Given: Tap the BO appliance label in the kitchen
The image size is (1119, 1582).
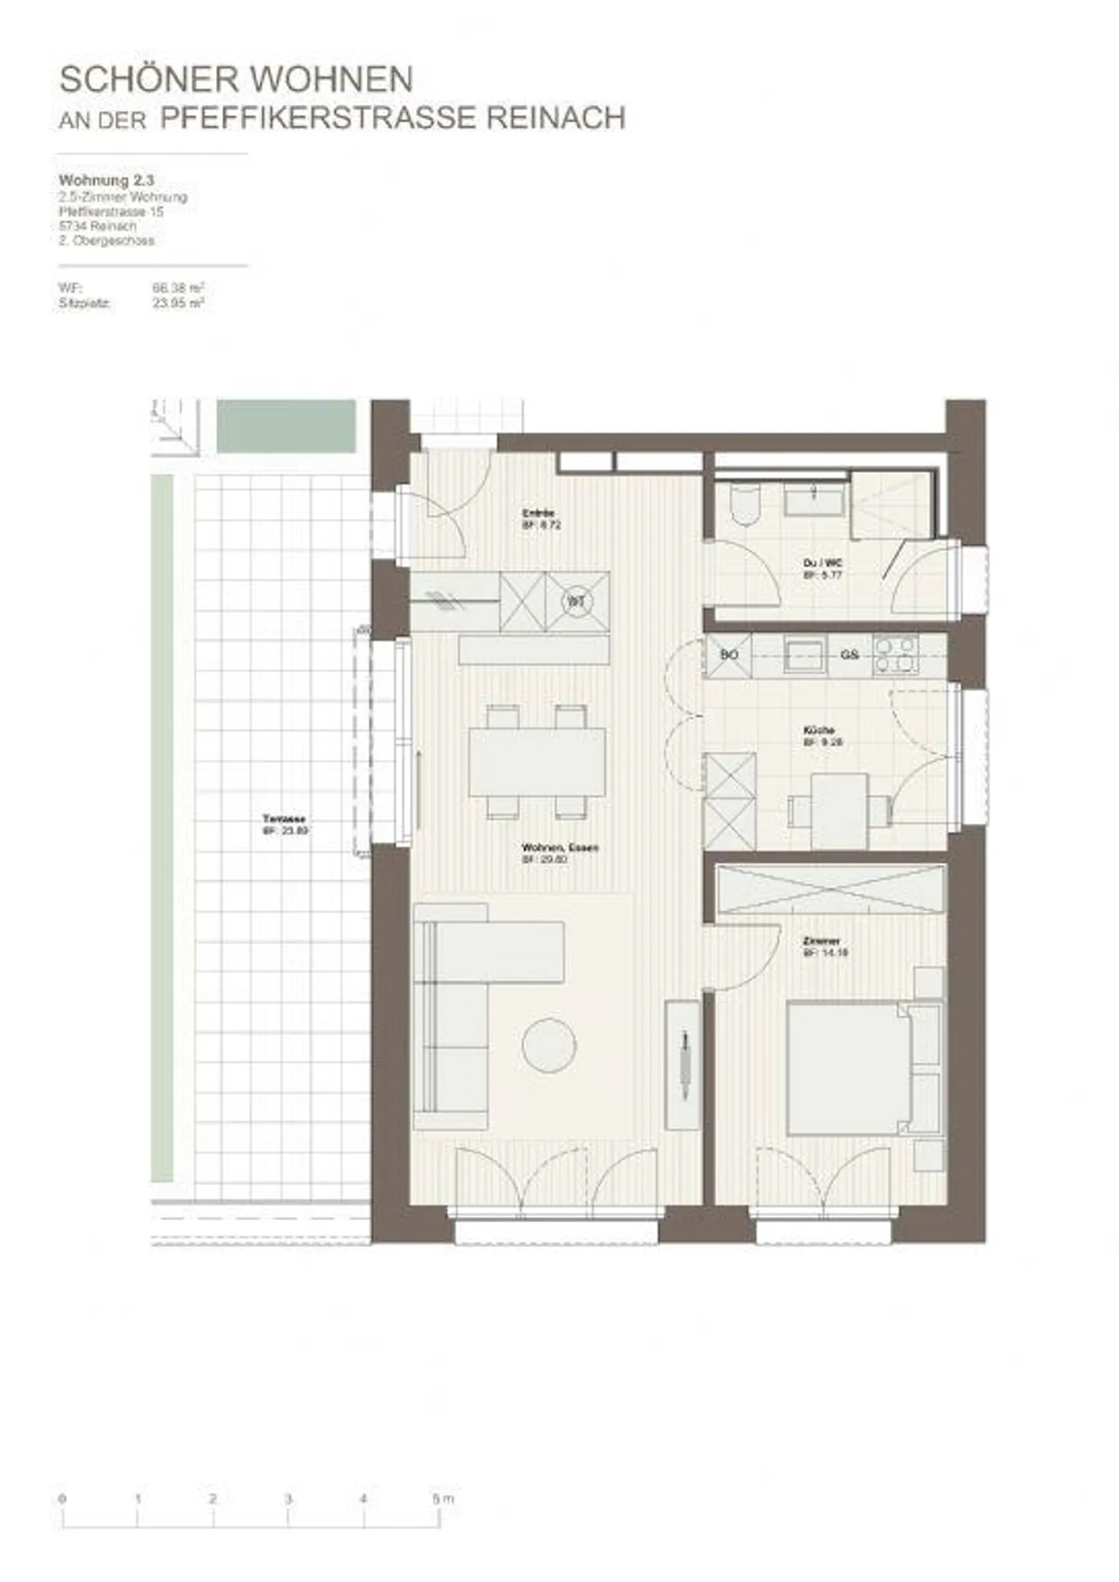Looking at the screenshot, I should pyautogui.click(x=728, y=655).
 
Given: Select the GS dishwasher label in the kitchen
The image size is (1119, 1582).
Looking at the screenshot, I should pyautogui.click(x=849, y=655).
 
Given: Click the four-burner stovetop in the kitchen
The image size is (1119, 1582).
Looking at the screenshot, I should pyautogui.click(x=895, y=654).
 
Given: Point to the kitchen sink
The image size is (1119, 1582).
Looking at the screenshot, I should pyautogui.click(x=804, y=654).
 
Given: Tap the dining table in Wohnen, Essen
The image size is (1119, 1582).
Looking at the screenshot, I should pyautogui.click(x=537, y=762).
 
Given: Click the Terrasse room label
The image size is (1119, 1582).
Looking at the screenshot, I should pyautogui.click(x=284, y=819).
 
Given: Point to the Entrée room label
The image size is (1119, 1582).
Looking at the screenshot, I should pyautogui.click(x=538, y=513).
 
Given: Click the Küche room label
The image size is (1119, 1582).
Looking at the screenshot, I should pyautogui.click(x=819, y=730).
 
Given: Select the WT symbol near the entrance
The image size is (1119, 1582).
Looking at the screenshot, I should pyautogui.click(x=576, y=601).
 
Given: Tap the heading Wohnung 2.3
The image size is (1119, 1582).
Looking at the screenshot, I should pyautogui.click(x=106, y=180).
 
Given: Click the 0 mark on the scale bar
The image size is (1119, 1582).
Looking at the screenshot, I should pyautogui.click(x=62, y=1498).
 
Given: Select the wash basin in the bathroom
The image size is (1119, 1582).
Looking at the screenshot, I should pyautogui.click(x=814, y=498).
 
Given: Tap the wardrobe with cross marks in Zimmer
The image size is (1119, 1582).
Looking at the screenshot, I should pyautogui.click(x=829, y=888).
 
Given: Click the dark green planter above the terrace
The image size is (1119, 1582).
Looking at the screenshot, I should pyautogui.click(x=285, y=426).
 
